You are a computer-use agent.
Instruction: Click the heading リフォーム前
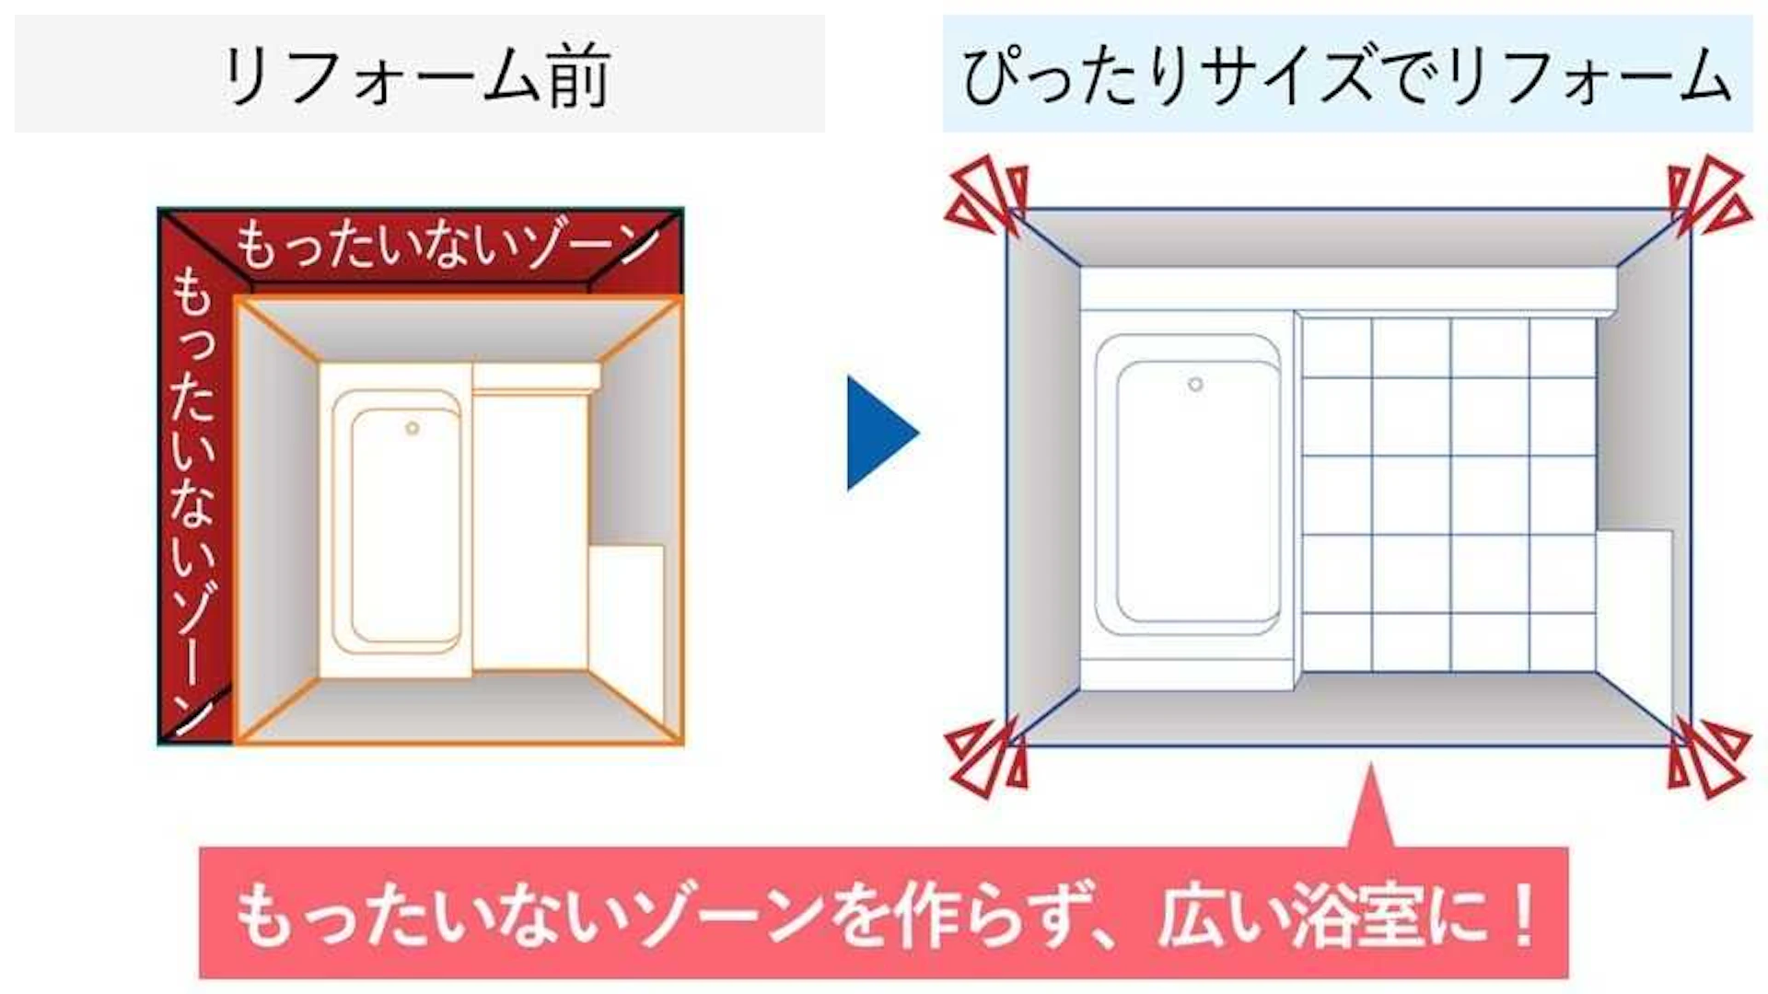pyautogui.click(x=415, y=75)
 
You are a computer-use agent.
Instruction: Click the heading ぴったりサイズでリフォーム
pyautogui.click(x=1347, y=75)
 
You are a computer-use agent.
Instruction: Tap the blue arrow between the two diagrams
pyautogui.click(x=882, y=432)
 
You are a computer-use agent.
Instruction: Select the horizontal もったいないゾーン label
pyautogui.click(x=448, y=246)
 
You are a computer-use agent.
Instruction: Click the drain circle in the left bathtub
pyautogui.click(x=412, y=428)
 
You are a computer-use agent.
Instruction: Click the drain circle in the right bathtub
pyautogui.click(x=1194, y=384)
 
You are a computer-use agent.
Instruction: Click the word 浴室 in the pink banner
pyautogui.click(x=1355, y=915)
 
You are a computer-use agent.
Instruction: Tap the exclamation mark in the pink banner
pyautogui.click(x=1523, y=915)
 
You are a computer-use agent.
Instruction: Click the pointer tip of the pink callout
pyautogui.click(x=1370, y=764)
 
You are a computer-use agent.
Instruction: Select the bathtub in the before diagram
pyautogui.click(x=396, y=520)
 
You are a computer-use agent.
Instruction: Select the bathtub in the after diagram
pyautogui.click(x=1189, y=498)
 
